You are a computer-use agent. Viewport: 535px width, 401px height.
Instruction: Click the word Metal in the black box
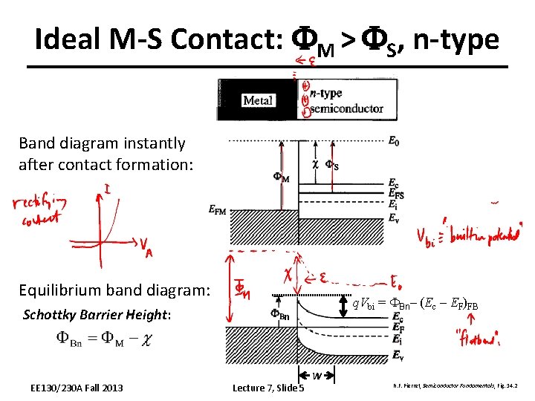[x=258, y=100]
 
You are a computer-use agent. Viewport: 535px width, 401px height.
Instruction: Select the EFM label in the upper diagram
[x=218, y=210]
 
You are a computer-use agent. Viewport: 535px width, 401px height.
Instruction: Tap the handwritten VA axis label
[x=147, y=248]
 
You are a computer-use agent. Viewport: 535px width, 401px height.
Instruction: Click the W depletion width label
[x=317, y=376]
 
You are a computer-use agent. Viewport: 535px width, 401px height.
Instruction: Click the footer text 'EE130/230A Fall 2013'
[x=77, y=388]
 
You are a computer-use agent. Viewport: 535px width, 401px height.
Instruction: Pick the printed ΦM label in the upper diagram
[x=280, y=177]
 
